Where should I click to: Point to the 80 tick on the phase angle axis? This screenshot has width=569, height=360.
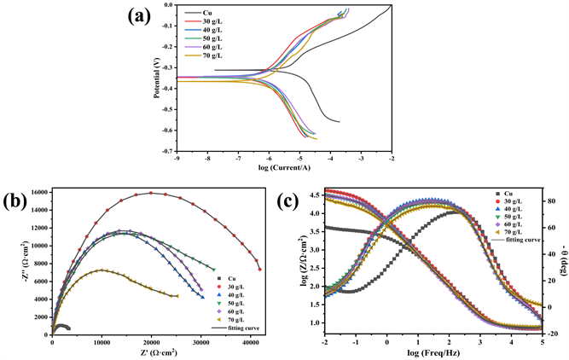(x=547, y=201)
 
